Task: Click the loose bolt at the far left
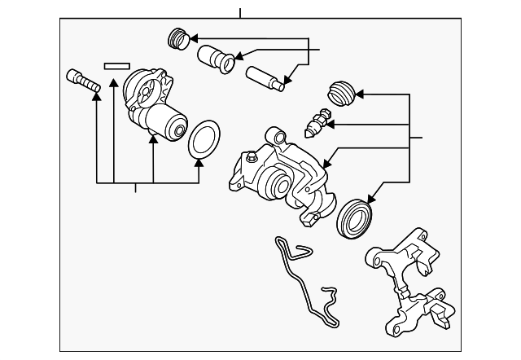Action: [x=80, y=80]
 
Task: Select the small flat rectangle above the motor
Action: [x=116, y=62]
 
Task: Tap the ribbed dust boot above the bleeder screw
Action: [x=339, y=94]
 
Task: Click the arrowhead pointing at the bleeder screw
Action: [x=331, y=125]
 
